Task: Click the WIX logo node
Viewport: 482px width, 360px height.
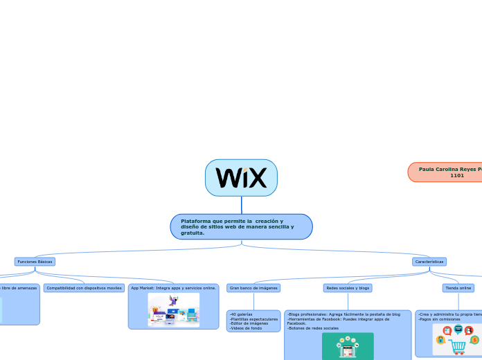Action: click(x=241, y=178)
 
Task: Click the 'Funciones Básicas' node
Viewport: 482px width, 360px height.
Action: click(x=35, y=262)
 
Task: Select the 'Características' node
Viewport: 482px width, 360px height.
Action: click(x=429, y=262)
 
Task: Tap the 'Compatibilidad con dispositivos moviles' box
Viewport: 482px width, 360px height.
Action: click(x=84, y=287)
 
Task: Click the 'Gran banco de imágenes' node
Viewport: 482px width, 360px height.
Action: click(x=253, y=287)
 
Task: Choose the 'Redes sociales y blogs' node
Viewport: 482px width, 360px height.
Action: click(x=348, y=287)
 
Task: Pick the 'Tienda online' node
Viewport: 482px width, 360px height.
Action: click(x=458, y=287)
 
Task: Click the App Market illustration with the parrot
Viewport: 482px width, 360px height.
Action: click(x=173, y=309)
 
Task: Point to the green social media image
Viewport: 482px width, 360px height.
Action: click(x=348, y=345)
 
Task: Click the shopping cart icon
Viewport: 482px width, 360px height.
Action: click(x=458, y=344)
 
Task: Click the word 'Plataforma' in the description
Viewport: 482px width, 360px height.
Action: click(x=196, y=221)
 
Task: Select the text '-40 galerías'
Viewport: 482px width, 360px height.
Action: click(x=241, y=314)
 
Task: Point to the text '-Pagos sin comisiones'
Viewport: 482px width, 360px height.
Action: click(x=440, y=319)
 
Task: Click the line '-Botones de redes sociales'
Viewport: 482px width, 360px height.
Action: click(x=313, y=328)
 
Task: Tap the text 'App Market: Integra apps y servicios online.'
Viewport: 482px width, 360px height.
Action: click(x=173, y=287)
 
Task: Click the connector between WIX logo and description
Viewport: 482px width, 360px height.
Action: click(x=242, y=205)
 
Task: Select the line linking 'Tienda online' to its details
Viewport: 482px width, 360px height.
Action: click(x=458, y=301)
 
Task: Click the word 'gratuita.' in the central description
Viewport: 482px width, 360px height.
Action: click(x=193, y=233)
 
